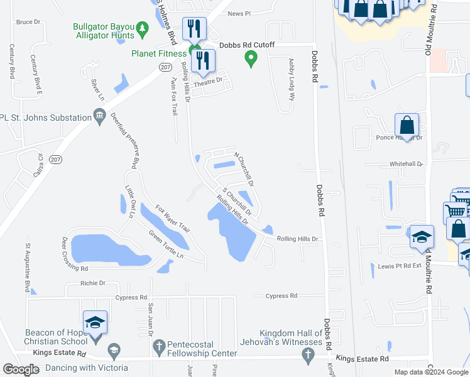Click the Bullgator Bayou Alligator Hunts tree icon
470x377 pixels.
(x=143, y=28)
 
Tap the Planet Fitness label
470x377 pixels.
(x=160, y=53)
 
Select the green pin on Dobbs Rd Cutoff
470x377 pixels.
(x=251, y=60)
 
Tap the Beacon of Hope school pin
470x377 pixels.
(x=95, y=323)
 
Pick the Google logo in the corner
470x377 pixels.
(x=21, y=369)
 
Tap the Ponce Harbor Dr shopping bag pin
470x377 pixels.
(x=407, y=126)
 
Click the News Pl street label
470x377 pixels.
(x=239, y=13)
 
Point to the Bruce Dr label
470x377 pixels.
(x=28, y=22)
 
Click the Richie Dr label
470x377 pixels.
(x=93, y=283)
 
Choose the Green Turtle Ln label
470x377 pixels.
(x=166, y=246)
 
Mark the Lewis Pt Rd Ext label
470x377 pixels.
(x=398, y=266)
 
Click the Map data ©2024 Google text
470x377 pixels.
(x=430, y=372)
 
